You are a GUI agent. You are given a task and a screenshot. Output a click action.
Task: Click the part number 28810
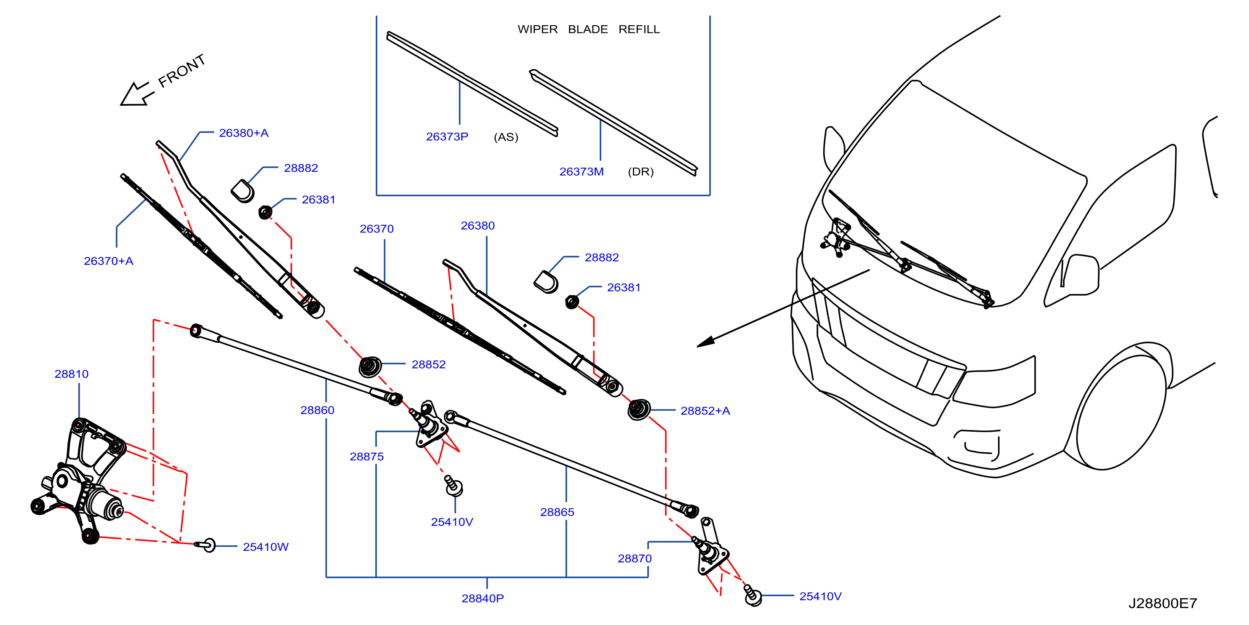click(x=71, y=374)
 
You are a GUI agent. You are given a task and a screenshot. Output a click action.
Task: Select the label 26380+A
click(x=243, y=133)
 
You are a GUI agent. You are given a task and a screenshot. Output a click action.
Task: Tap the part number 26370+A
click(x=108, y=261)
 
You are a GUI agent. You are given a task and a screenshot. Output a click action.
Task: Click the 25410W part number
click(x=265, y=547)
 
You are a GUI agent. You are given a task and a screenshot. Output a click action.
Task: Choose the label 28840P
click(x=483, y=598)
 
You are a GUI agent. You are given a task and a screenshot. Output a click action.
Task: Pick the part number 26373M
click(x=582, y=172)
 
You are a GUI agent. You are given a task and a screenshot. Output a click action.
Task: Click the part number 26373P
click(x=447, y=137)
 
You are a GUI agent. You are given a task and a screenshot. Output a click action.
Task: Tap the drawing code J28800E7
click(x=1162, y=603)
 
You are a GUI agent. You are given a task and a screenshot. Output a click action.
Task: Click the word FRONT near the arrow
click(x=182, y=71)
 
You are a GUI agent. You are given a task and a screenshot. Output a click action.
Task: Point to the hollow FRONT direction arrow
click(x=136, y=94)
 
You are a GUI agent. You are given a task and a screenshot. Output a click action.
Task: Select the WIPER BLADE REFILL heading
click(x=589, y=29)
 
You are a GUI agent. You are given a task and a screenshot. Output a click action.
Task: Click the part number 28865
click(x=557, y=512)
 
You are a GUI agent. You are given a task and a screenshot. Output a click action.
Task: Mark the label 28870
click(x=634, y=558)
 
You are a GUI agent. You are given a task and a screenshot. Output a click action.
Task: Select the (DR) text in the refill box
click(x=641, y=172)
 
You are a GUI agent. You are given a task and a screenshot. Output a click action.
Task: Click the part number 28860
click(x=317, y=410)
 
